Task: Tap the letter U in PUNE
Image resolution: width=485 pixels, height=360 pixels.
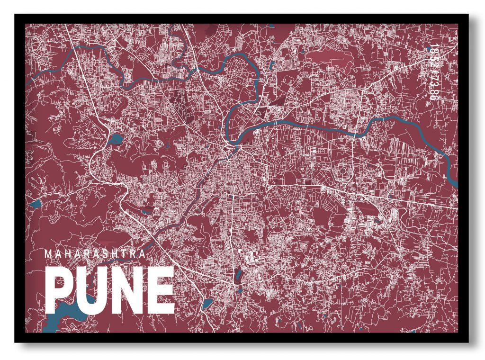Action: [x=90, y=290]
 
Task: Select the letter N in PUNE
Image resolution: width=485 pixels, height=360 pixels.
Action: [x=125, y=290]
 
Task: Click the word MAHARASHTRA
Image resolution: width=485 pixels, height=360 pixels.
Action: [x=95, y=254]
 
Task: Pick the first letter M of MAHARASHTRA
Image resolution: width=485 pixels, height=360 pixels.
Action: [x=47, y=254]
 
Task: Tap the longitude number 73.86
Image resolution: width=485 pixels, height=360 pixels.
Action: [x=431, y=88]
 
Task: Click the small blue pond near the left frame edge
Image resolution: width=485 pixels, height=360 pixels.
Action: [x=35, y=204]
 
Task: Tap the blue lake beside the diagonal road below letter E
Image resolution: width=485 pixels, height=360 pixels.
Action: [x=207, y=304]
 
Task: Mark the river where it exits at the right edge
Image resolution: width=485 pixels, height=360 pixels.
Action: [x=455, y=182]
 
